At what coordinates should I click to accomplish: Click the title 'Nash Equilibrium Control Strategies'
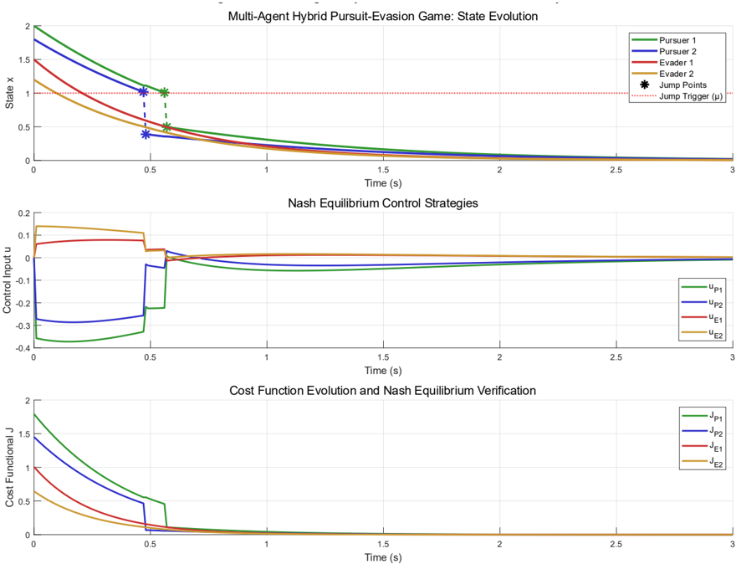[382, 202]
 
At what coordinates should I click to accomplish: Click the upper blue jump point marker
[145, 91]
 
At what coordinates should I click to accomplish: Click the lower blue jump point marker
[146, 134]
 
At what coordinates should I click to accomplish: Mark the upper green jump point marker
[165, 93]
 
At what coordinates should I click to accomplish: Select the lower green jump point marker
[166, 127]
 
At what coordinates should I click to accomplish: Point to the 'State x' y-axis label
[9, 93]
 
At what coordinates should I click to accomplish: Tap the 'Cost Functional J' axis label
[9, 467]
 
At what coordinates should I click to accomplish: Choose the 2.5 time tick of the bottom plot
[616, 545]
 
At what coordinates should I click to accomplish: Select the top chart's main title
[382, 16]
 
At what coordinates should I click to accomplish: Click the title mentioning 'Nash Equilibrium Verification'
[382, 390]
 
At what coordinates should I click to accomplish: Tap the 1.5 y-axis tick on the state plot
[23, 59]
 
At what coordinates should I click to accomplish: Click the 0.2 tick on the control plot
[21, 213]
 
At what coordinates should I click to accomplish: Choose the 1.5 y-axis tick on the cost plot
[23, 434]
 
